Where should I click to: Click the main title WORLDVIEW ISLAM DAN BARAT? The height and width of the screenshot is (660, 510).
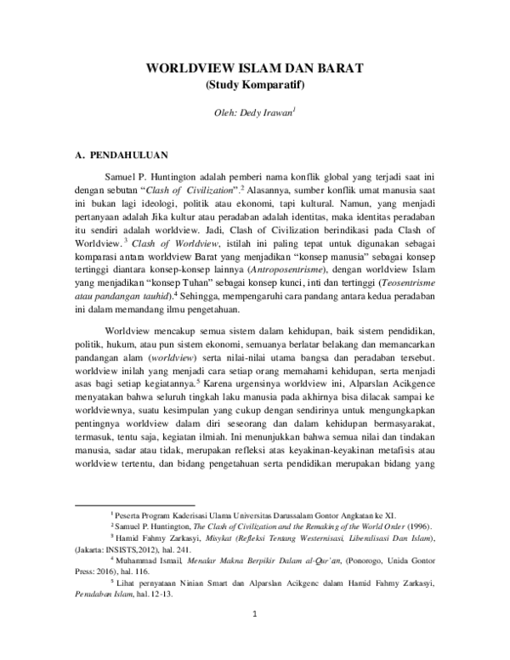[x=255, y=68]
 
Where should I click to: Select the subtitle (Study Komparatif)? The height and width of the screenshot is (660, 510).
[x=255, y=85]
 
